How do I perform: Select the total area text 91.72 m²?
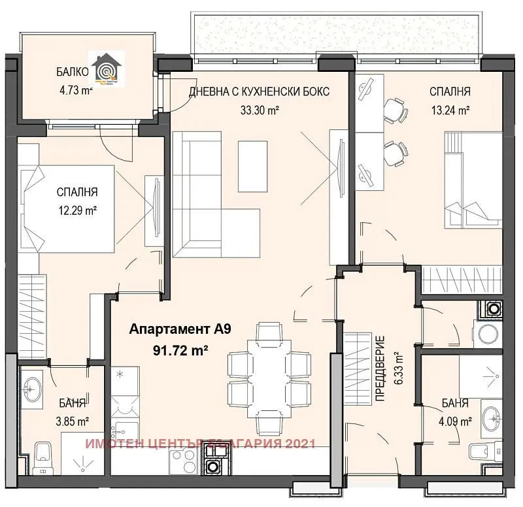click(x=180, y=350)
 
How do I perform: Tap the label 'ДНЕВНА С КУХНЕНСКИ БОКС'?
click(x=259, y=91)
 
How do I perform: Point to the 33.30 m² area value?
click(x=260, y=110)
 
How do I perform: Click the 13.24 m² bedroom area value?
click(x=450, y=110)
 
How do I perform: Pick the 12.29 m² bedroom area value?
click(x=77, y=210)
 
